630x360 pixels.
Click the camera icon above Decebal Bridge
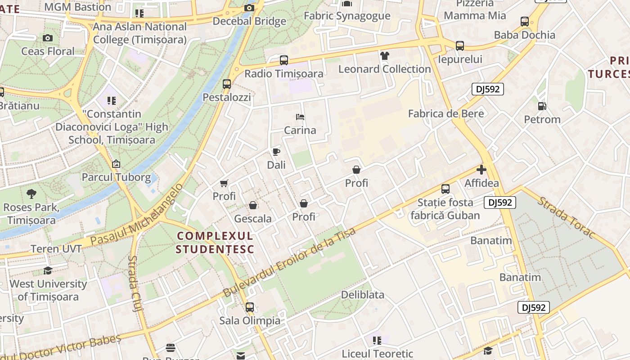coord(249,8)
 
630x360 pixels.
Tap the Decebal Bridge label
coord(249,21)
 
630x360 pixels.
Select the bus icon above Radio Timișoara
coord(283,60)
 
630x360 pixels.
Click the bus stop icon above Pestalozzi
coord(227,84)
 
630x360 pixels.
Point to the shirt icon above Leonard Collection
coord(385,56)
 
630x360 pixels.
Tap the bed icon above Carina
coord(300,117)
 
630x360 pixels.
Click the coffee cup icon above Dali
coord(276,152)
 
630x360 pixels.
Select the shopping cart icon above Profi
coord(224,183)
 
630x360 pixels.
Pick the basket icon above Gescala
coord(253,205)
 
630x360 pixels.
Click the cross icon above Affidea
coord(481,170)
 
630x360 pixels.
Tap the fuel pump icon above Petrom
coord(542,106)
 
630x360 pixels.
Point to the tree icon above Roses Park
coord(31,194)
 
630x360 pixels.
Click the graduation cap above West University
coord(48,270)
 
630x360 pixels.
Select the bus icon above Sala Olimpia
coord(250,307)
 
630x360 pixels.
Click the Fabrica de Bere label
coord(446,113)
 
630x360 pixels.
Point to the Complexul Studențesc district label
coord(215,243)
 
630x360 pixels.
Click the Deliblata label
coord(363,295)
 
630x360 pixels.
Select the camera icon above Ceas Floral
coord(48,38)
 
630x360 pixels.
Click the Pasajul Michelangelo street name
coord(137,215)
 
